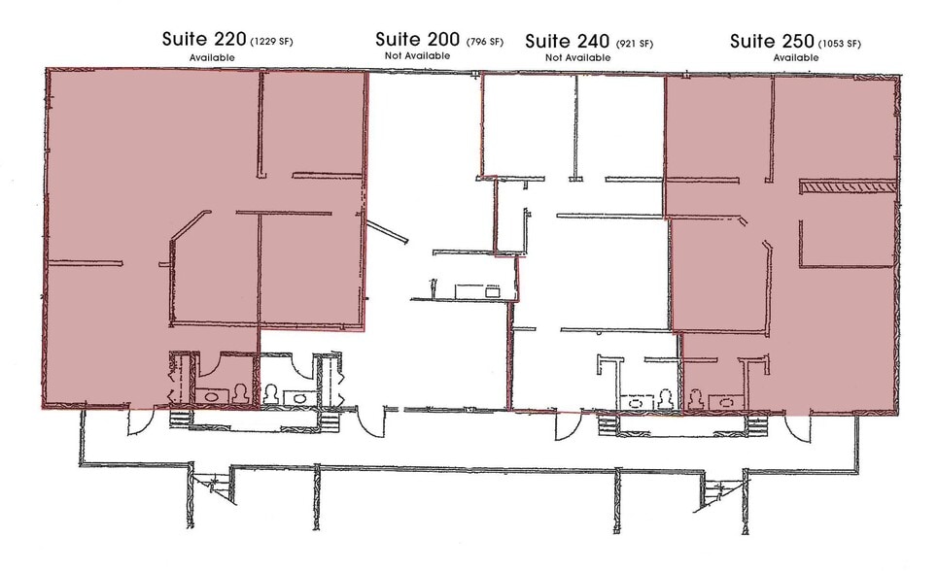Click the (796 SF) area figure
click(x=484, y=42)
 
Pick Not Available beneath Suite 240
click(x=577, y=58)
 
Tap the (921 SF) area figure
click(x=633, y=43)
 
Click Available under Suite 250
click(x=796, y=58)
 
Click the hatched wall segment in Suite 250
click(x=846, y=185)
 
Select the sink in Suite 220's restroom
click(x=211, y=396)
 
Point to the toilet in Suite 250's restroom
click(x=697, y=398)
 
